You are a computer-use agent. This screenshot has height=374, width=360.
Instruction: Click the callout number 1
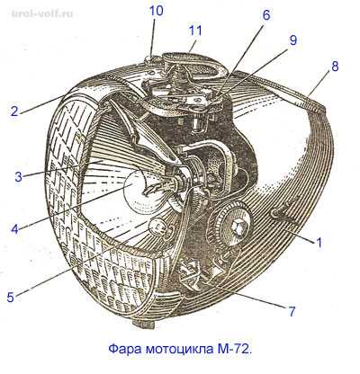319,242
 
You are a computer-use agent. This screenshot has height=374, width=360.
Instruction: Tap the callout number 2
14,111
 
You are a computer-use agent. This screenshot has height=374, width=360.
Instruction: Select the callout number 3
19,176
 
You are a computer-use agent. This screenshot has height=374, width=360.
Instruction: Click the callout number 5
11,297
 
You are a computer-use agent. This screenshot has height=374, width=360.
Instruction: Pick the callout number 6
266,15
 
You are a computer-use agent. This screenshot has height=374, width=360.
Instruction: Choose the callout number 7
292,311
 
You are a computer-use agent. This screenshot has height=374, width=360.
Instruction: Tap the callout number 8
335,67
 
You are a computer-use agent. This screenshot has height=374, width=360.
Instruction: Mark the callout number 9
293,40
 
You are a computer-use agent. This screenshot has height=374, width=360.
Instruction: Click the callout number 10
157,12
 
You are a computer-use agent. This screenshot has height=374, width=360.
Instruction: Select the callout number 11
195,31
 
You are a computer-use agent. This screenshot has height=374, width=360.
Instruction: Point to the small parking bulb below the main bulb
157,227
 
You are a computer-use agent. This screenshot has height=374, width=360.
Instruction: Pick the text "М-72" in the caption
231,349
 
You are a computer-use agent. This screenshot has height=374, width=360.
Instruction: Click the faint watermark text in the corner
42,14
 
